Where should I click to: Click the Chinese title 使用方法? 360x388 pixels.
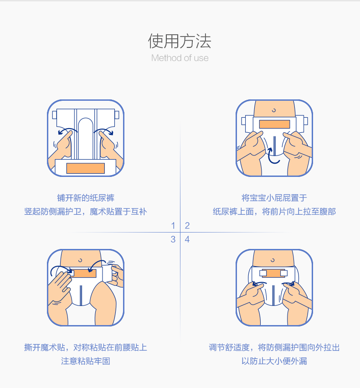180,41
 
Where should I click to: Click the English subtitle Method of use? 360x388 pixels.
180,58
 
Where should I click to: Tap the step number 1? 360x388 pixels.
173,225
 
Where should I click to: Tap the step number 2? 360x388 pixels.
187,225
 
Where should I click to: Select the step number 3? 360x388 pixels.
173,239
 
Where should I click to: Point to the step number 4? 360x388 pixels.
187,239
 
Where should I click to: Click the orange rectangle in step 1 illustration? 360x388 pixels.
85,168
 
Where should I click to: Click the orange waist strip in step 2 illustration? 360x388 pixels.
274,124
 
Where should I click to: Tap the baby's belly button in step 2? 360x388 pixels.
273,110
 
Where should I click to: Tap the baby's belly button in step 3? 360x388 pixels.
80,260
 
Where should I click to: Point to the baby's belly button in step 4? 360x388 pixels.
273,260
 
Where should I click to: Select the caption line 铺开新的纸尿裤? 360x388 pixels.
86,198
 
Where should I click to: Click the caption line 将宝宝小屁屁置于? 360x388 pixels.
274,198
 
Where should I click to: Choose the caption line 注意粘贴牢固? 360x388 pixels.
86,361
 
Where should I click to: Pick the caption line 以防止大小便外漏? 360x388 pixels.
274,361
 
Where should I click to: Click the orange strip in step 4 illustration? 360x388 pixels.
273,274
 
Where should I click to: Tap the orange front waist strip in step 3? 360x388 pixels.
84,273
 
